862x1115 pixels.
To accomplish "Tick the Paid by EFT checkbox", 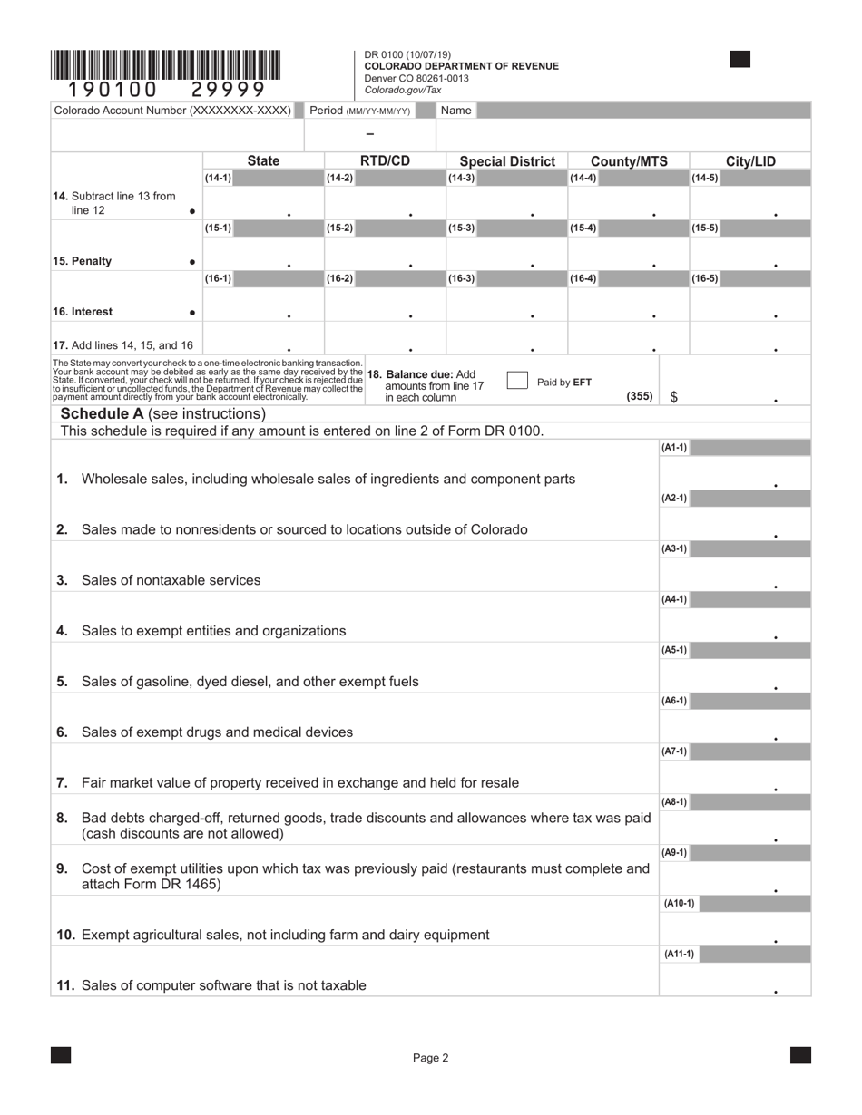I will [517, 381].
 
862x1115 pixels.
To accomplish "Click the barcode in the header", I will [165, 66].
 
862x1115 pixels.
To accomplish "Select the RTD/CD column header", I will [385, 161].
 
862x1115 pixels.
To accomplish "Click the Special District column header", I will [507, 161].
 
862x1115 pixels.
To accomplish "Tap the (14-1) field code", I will [218, 179].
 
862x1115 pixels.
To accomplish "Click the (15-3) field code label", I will [461, 228].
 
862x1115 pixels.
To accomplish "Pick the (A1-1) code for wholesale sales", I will [674, 448].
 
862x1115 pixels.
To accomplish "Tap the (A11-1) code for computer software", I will [678, 954].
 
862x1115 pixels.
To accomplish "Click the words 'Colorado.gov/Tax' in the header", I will [403, 90].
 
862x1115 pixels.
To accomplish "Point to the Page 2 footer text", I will [430, 1057].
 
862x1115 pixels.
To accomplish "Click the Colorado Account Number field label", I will [172, 111].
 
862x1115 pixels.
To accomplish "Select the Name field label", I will [455, 111].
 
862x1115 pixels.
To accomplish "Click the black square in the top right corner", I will [740, 60].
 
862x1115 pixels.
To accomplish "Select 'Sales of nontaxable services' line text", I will [171, 580].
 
